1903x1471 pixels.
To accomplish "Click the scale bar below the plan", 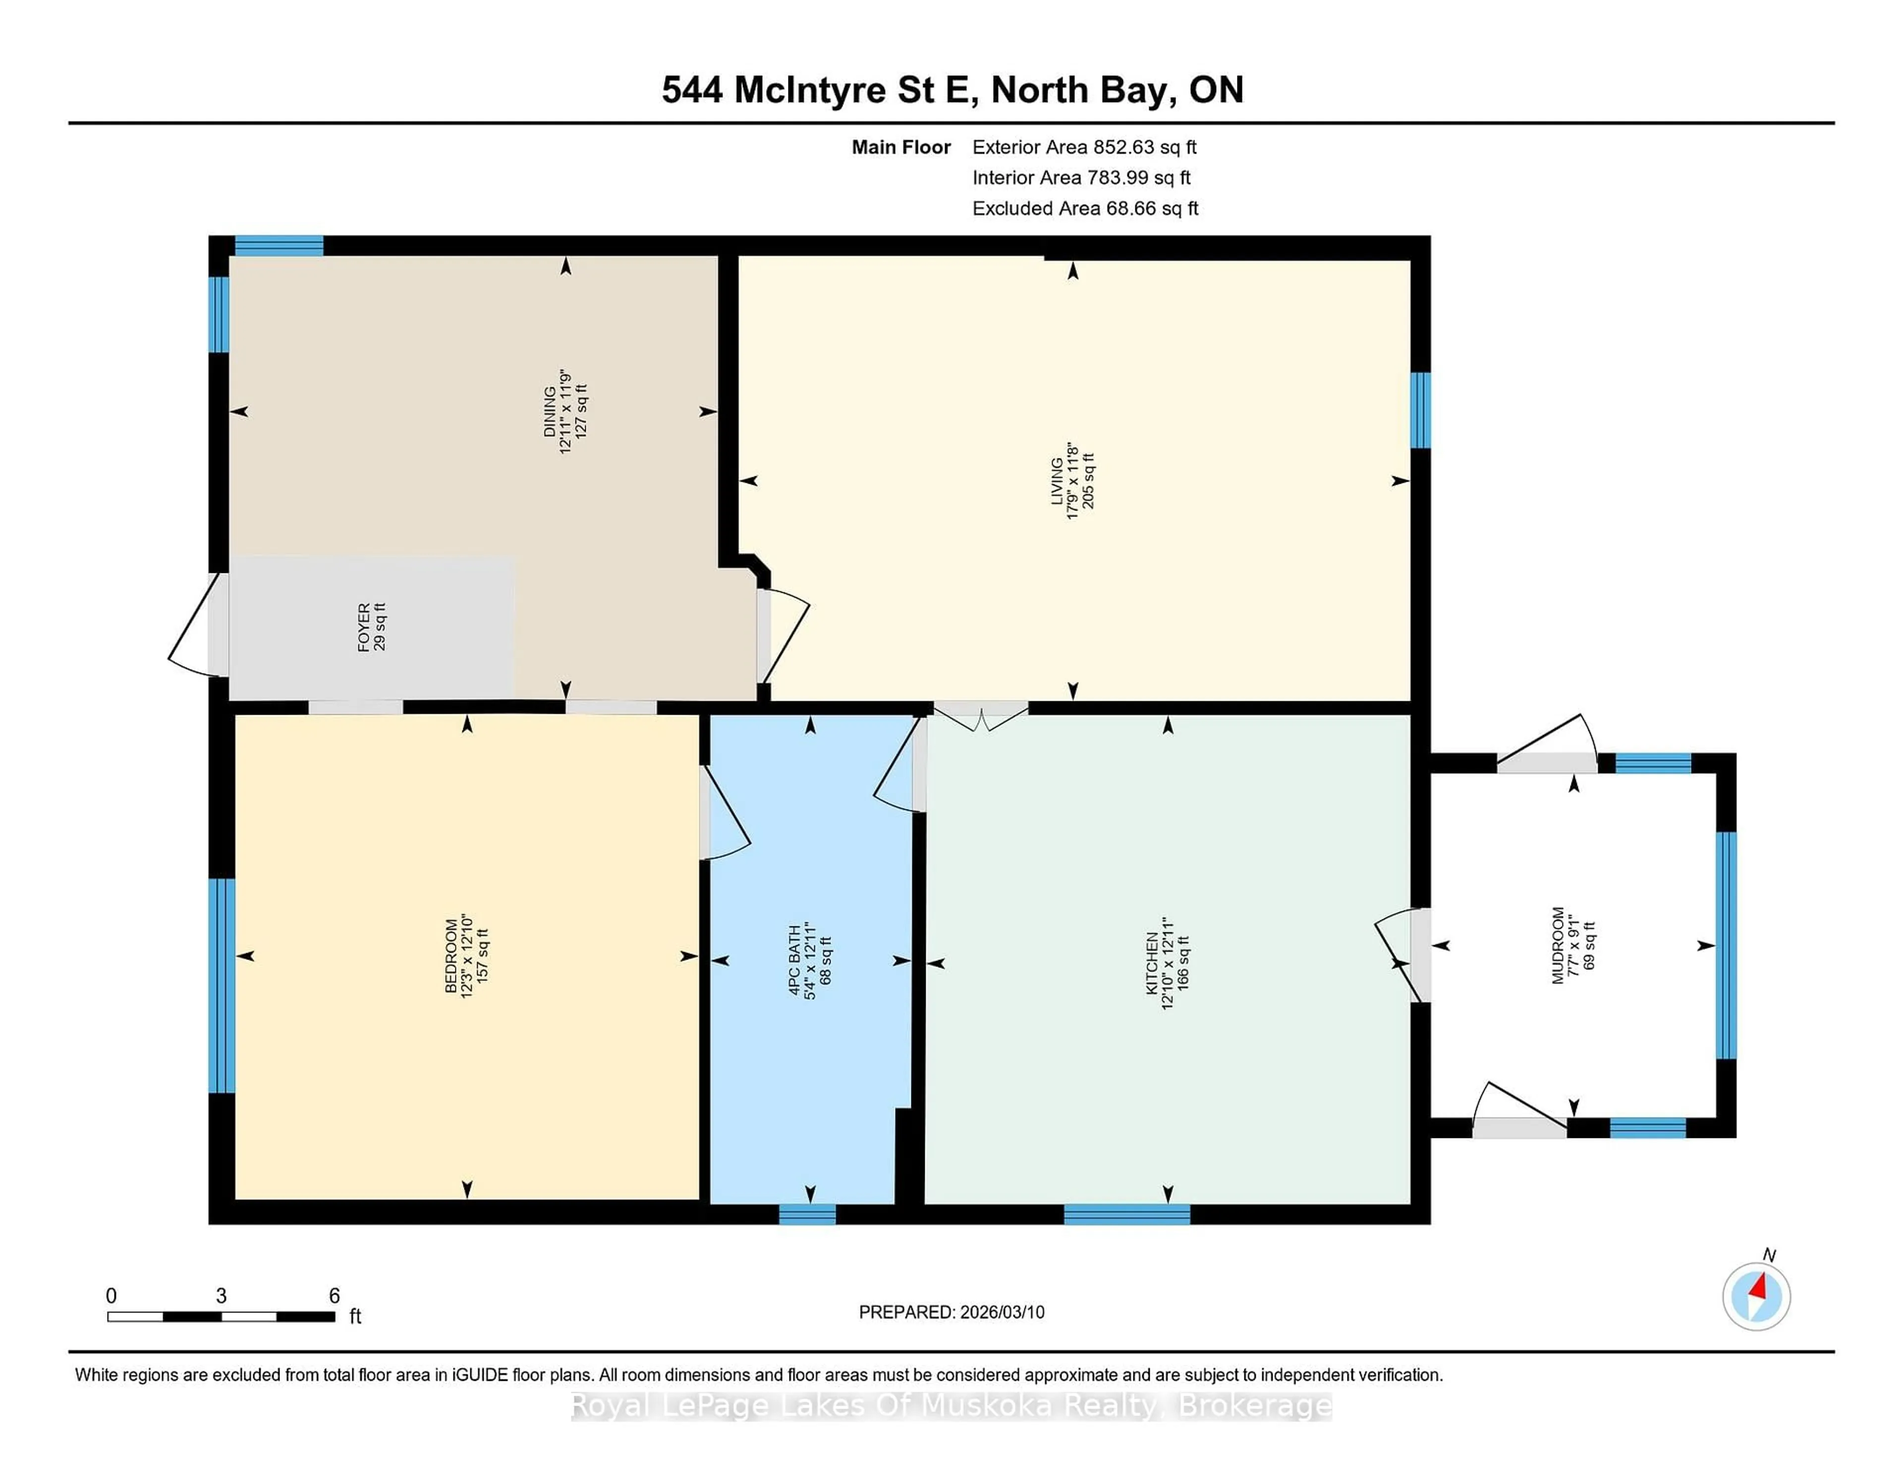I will pos(222,1317).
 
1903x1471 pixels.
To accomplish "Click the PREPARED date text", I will pos(951,1312).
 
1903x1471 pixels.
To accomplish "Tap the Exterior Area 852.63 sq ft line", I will pos(1084,147).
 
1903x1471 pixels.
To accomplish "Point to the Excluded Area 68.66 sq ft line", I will pos(1085,208).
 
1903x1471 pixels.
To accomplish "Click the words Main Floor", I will pos(901,147).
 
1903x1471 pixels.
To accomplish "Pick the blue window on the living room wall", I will pos(1420,409).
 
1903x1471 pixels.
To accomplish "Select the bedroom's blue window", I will pos(222,985).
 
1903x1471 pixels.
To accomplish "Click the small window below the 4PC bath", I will pos(807,1214).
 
